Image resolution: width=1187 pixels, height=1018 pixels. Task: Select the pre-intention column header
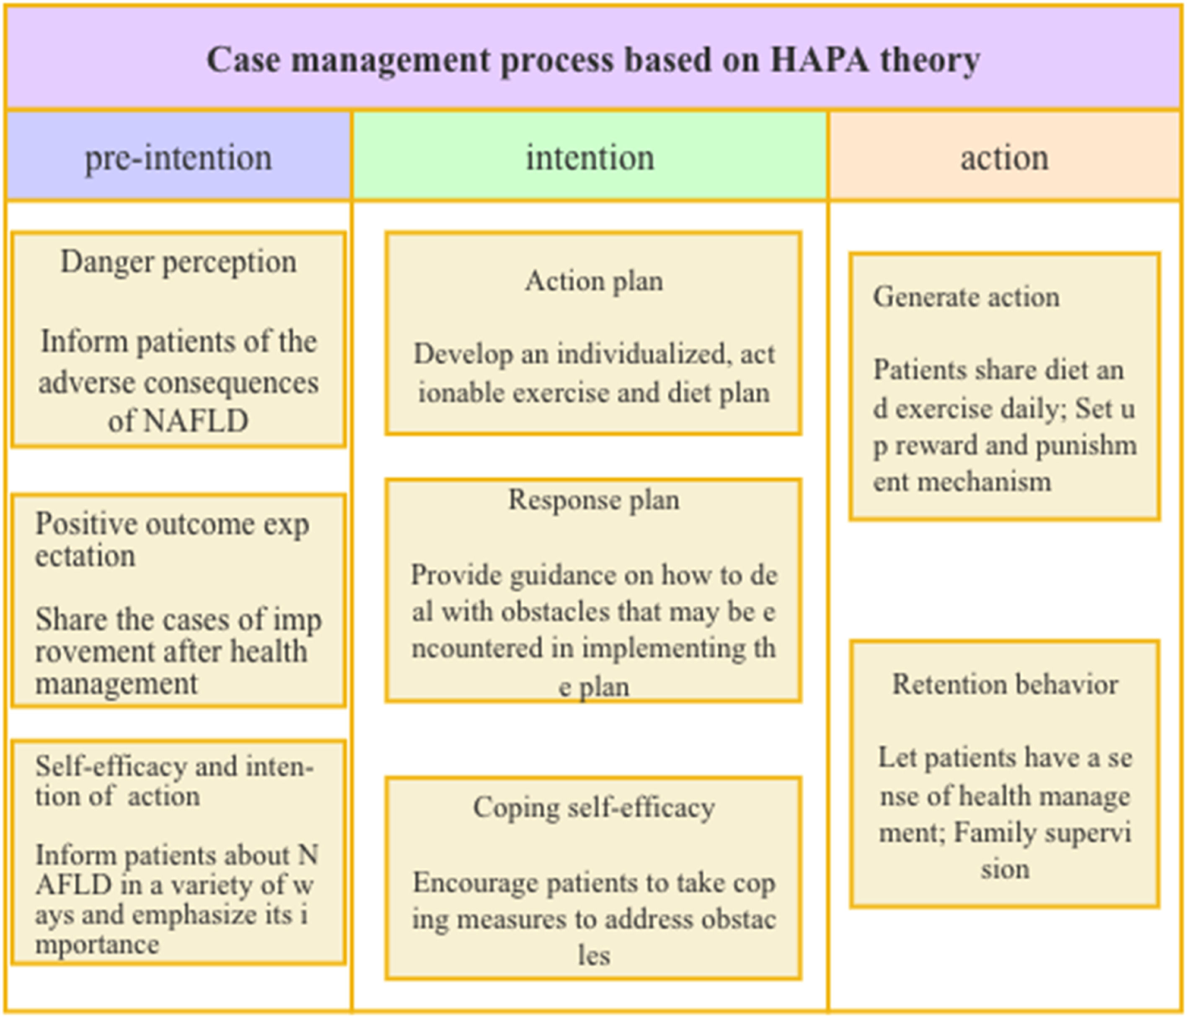178,158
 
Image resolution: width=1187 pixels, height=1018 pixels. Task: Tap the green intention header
590,158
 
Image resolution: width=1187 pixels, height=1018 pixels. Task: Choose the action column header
1004,158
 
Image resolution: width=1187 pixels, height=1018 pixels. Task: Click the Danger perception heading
178,262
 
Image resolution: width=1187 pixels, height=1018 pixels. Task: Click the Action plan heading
593,281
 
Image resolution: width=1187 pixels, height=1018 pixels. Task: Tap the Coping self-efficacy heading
593,808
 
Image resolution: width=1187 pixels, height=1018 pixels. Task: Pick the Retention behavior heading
1005,685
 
